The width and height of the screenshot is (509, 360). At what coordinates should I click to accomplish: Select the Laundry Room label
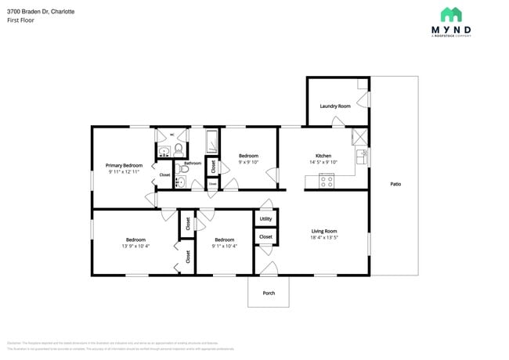click(x=334, y=106)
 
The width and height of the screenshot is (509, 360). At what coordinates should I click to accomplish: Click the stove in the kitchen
click(x=326, y=181)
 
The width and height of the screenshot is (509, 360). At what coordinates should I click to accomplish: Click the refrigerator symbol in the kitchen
click(x=359, y=135)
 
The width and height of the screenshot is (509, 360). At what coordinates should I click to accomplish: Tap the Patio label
click(x=395, y=184)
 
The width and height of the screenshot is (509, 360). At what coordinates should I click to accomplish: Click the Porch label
click(x=269, y=293)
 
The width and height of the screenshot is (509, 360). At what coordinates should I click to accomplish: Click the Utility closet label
click(x=265, y=219)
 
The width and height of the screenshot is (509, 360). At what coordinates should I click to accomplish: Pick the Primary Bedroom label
click(x=124, y=165)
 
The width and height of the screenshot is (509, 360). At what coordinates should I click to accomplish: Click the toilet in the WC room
click(x=178, y=148)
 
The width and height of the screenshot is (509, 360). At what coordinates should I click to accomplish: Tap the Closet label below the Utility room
click(x=265, y=236)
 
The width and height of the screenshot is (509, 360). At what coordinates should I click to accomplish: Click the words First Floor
click(x=19, y=21)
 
